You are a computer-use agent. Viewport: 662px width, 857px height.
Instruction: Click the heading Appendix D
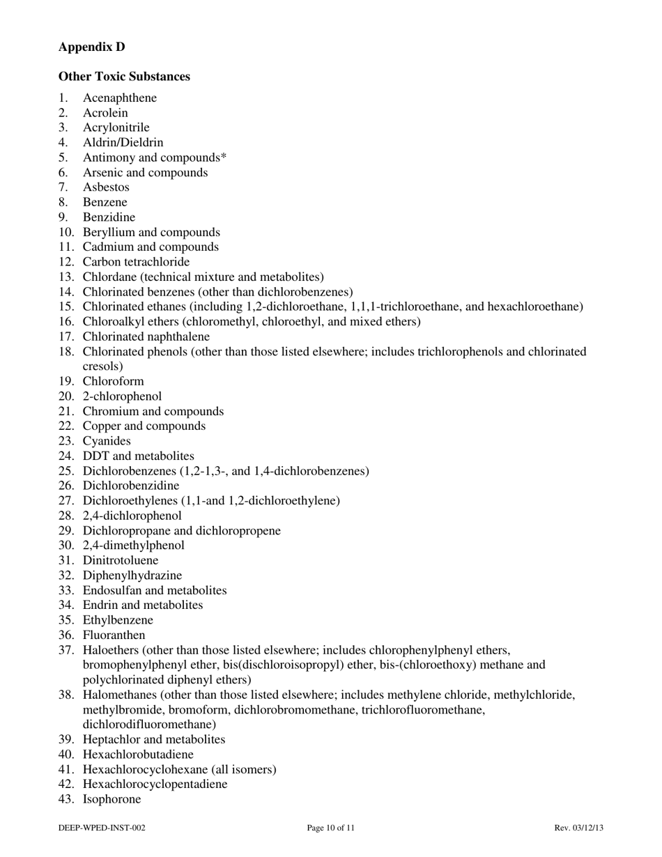tap(92, 47)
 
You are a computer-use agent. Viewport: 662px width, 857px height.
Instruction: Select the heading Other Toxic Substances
tap(124, 76)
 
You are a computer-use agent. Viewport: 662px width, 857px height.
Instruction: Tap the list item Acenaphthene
tap(119, 98)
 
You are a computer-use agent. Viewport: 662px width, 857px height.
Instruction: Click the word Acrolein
tap(105, 113)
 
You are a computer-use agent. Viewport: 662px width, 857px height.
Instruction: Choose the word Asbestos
tap(106, 187)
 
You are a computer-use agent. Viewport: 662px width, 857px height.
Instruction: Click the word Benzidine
tap(109, 217)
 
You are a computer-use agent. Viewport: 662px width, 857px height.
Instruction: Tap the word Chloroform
tap(113, 381)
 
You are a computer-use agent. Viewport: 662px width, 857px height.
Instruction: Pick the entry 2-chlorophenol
tap(122, 396)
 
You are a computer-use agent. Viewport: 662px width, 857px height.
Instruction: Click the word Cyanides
tap(107, 441)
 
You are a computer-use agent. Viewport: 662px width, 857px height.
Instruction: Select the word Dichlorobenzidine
tap(130, 486)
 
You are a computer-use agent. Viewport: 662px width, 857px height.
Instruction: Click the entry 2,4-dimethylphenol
tap(133, 546)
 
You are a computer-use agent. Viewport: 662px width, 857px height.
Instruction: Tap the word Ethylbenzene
tap(118, 620)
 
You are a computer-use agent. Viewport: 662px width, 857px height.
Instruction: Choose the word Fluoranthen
tap(114, 635)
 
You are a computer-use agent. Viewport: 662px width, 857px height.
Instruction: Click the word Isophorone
tap(111, 799)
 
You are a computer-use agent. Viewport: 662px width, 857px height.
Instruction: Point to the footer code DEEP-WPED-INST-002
tap(102, 828)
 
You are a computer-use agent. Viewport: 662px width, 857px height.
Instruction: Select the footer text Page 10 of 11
tap(331, 828)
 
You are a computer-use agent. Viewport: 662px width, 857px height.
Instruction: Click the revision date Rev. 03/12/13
tap(578, 828)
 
